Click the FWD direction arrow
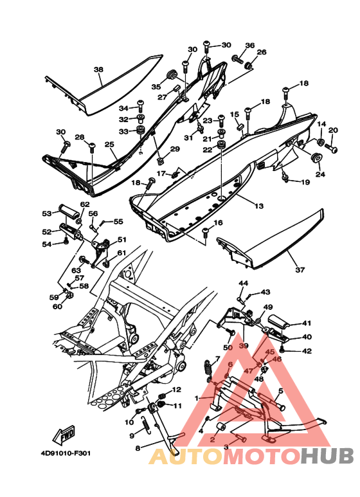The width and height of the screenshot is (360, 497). (64, 433)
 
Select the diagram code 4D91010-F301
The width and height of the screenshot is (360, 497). (66, 453)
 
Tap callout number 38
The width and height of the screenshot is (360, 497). (98, 69)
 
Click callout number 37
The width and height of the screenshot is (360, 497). (300, 270)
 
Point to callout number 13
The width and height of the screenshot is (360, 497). (259, 206)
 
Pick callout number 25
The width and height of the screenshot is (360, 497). (109, 145)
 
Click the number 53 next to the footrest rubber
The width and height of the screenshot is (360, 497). (46, 213)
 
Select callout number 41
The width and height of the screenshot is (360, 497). (307, 323)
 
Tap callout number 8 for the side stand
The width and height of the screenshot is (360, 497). (138, 448)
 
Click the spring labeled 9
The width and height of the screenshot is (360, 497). (146, 424)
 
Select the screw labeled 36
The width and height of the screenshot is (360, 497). (237, 59)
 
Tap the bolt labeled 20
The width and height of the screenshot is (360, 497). (330, 147)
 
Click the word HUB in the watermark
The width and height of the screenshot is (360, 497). (327, 456)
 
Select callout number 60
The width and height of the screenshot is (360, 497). (57, 307)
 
